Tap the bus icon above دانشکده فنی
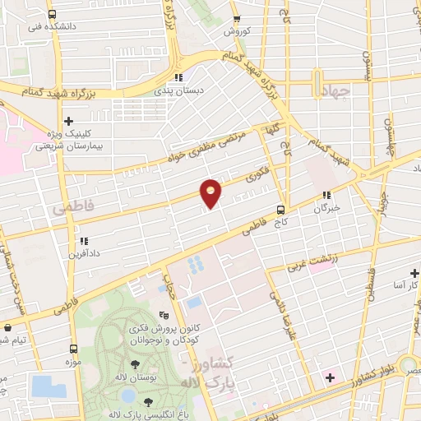pos(53,14)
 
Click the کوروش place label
pos(236,30)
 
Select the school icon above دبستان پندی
pos(178,79)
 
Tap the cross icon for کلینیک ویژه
pos(68,121)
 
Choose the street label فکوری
pos(257,176)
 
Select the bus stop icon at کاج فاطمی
pos(281,210)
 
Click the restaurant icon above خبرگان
pos(327,196)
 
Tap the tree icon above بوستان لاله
pos(134,363)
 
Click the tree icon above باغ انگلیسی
pos(148,401)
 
